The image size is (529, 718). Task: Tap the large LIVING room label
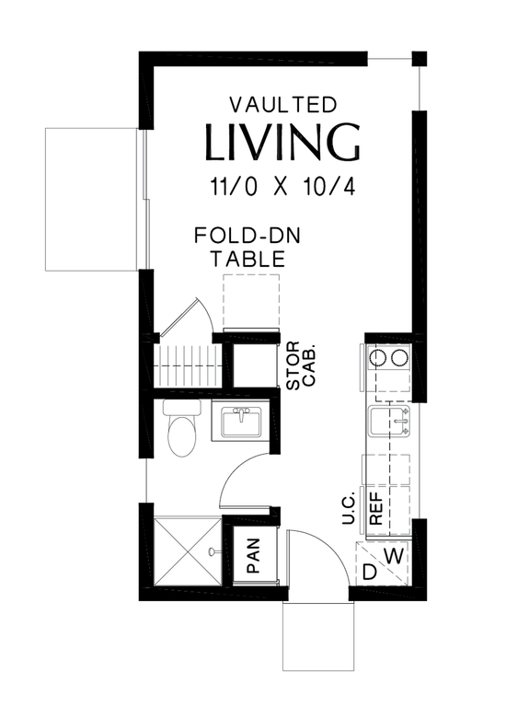(282, 143)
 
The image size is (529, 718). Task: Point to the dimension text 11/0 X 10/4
(282, 187)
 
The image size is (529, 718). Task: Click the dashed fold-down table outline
(251, 300)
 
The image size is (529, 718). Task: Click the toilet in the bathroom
(181, 432)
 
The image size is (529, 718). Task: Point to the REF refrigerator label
(376, 507)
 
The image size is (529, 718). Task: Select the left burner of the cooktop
(377, 357)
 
